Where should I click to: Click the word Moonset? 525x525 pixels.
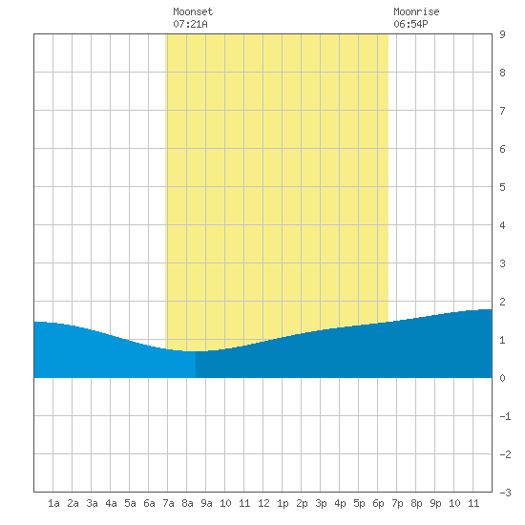coord(193,11)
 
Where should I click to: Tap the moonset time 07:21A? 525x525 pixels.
coord(190,24)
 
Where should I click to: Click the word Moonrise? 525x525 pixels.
coord(416,11)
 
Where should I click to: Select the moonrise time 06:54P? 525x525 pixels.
coord(410,24)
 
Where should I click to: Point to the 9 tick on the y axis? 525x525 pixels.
coord(502,34)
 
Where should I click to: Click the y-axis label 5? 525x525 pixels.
coord(502,187)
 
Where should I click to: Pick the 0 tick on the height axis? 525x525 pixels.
coord(502,378)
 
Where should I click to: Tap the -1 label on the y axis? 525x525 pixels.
coord(505,416)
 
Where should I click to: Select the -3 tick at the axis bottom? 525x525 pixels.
coord(505,493)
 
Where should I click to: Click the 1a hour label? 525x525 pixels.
coord(53,503)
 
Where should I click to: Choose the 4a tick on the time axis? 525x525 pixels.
coord(111,503)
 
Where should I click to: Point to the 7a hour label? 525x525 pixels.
coord(168,503)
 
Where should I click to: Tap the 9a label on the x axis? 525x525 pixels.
coord(206,503)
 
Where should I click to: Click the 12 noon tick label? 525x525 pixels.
coord(263,503)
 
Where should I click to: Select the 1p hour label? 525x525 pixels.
coord(283,503)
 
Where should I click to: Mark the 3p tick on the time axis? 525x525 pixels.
coord(321,503)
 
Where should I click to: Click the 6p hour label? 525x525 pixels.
coord(378,503)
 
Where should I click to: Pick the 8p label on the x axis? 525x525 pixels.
coord(416,503)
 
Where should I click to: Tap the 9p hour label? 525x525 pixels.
coord(435,503)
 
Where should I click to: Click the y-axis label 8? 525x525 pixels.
coord(502,73)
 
